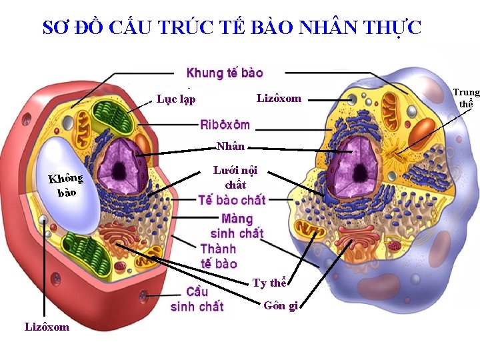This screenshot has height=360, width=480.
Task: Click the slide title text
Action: pyautogui.click(x=232, y=27)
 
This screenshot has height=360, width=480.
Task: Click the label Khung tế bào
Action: pyautogui.click(x=225, y=73)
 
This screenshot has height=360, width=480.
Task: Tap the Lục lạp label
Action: pyautogui.click(x=176, y=99)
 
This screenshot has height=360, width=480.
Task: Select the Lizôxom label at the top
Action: pyautogui.click(x=279, y=99)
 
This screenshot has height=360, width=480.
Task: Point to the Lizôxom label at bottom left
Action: pyautogui.click(x=47, y=327)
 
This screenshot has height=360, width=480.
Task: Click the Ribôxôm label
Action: pyautogui.click(x=225, y=125)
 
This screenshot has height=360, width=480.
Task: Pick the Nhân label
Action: pyautogui.click(x=231, y=147)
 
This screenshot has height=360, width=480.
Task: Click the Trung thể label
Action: pyautogui.click(x=466, y=98)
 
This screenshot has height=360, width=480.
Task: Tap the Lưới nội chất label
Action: pyautogui.click(x=235, y=177)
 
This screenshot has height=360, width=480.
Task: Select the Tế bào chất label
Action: pyautogui.click(x=232, y=199)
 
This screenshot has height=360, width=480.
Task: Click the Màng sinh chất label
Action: pyautogui.click(x=237, y=226)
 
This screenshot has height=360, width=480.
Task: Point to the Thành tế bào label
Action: pyautogui.click(x=218, y=256)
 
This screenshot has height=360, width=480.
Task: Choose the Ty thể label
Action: pyautogui.click(x=269, y=283)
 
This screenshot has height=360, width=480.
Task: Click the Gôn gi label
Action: pyautogui.click(x=280, y=306)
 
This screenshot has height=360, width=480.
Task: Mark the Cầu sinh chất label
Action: pyautogui.click(x=197, y=299)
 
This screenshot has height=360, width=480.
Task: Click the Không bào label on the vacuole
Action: pyautogui.click(x=65, y=185)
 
